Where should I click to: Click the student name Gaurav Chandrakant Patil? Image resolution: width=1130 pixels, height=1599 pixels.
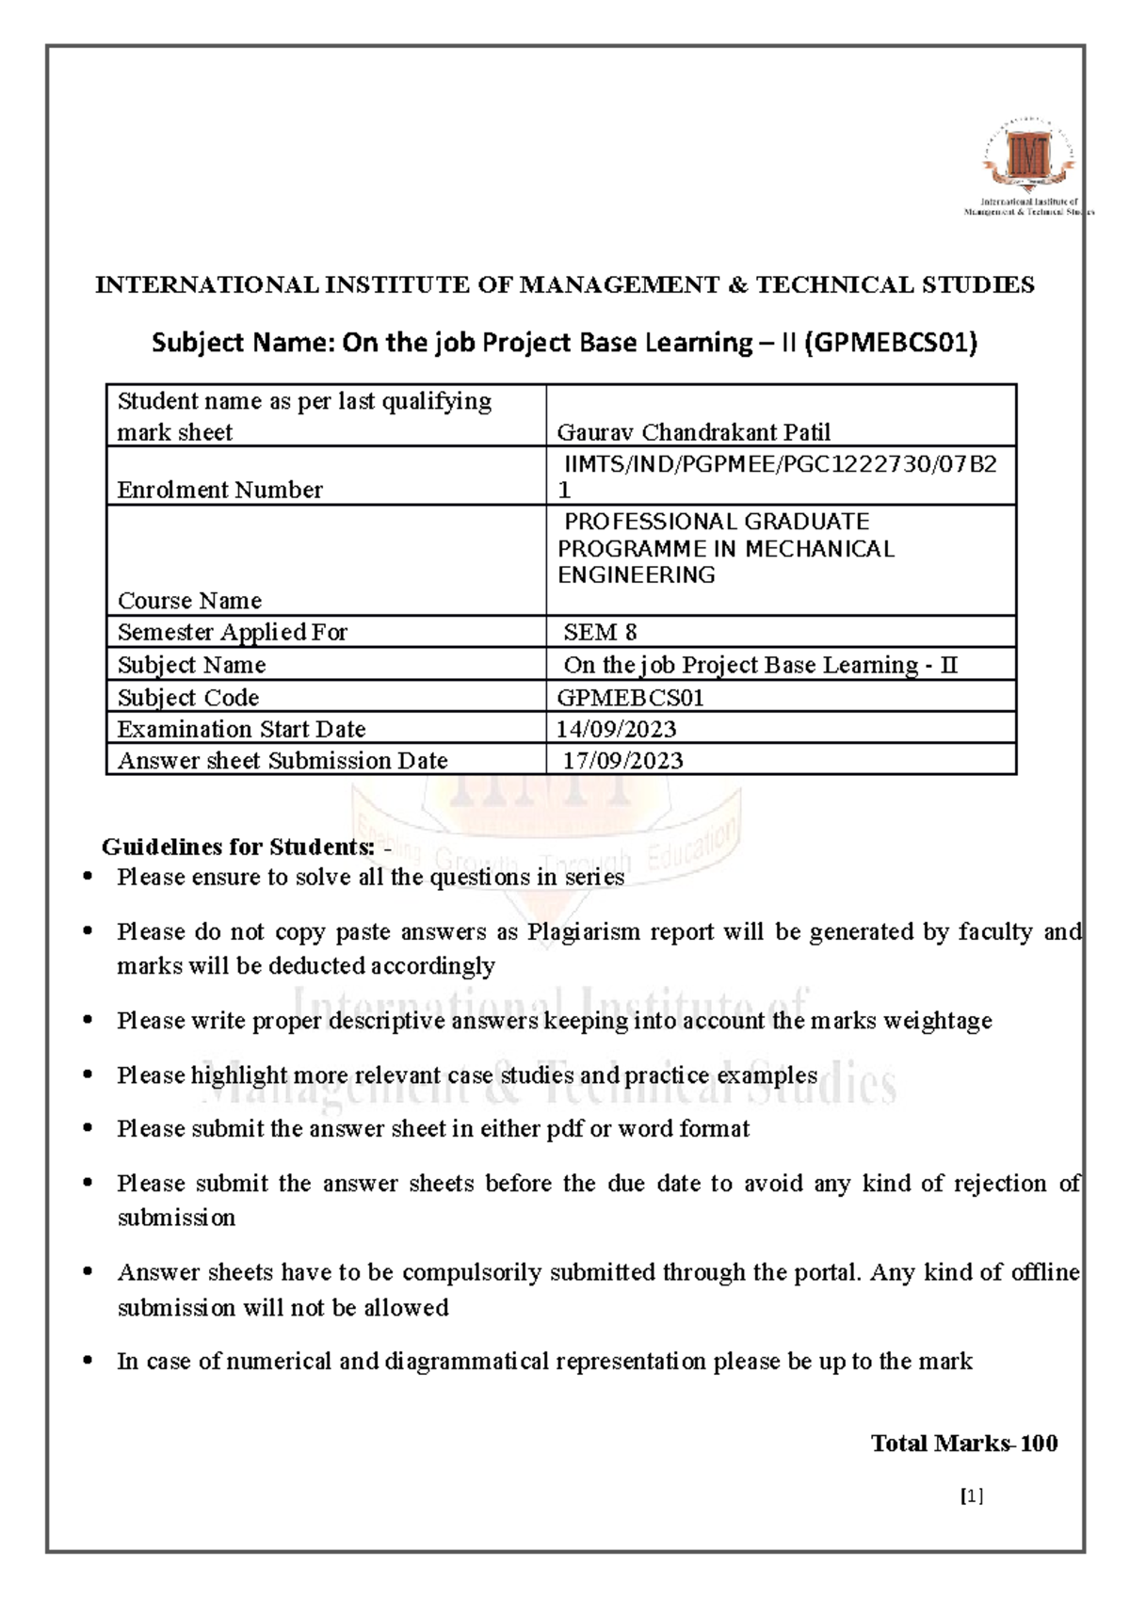(x=693, y=432)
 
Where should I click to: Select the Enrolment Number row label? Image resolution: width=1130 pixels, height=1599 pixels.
(x=219, y=490)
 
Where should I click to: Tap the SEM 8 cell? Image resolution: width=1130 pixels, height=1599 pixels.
(x=600, y=632)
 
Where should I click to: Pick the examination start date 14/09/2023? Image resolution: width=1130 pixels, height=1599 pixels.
(x=616, y=729)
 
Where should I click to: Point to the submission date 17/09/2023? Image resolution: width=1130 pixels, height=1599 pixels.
(x=622, y=761)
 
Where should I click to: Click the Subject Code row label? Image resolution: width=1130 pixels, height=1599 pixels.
(x=188, y=698)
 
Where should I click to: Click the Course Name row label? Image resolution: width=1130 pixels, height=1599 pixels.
(x=189, y=601)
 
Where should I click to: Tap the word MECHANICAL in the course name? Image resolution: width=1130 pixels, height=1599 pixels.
(x=820, y=549)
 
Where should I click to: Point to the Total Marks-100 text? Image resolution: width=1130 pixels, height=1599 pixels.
(x=963, y=1444)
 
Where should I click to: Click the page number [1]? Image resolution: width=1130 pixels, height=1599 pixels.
(x=972, y=1496)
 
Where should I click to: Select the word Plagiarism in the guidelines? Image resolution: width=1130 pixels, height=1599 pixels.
(x=587, y=932)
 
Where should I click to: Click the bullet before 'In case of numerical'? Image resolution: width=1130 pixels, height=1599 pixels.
(x=88, y=1361)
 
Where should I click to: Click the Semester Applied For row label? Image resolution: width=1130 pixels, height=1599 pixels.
(x=233, y=632)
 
